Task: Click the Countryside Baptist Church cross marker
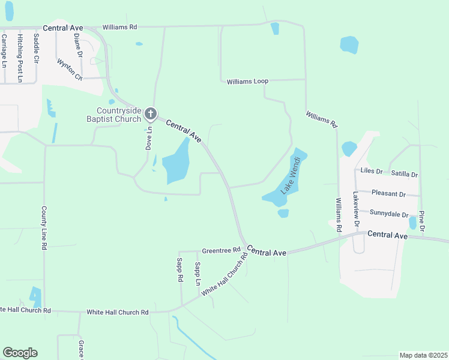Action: click(x=151, y=114)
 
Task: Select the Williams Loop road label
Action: click(x=247, y=81)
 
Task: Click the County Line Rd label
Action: click(x=44, y=228)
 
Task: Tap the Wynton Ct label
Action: click(x=69, y=69)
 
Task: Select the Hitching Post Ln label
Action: click(x=20, y=58)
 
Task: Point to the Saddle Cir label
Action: click(x=36, y=48)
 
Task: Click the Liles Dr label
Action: click(x=370, y=171)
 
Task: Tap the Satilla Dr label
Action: click(x=404, y=174)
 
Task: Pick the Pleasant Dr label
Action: click(x=388, y=194)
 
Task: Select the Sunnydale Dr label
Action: click(x=389, y=213)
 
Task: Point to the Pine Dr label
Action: click(x=422, y=221)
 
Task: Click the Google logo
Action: click(x=20, y=353)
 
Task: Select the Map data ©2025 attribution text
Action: click(x=423, y=355)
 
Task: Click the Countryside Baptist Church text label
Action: click(x=119, y=115)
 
